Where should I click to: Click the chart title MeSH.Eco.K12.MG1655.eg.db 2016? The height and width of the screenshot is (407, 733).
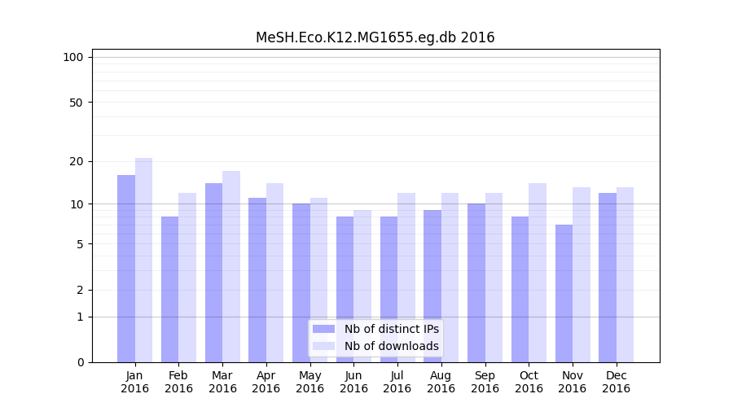(375, 37)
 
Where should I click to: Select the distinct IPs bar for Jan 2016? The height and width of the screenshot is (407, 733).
(126, 269)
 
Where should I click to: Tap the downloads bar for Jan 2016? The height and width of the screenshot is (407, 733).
(143, 260)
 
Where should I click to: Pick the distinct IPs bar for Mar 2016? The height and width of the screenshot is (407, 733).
(213, 273)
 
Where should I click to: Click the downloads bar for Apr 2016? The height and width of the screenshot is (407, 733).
(274, 273)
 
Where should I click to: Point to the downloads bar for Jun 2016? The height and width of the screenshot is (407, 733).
(362, 286)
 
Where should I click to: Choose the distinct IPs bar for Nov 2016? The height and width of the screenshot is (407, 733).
(564, 293)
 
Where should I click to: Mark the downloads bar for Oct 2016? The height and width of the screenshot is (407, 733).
(538, 273)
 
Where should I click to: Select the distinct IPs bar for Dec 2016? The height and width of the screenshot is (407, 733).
(608, 278)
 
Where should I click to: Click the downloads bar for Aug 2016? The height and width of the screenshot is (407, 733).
(450, 278)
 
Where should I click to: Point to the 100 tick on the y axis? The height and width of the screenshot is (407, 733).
(73, 57)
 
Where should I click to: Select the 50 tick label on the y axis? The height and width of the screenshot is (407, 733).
(76, 103)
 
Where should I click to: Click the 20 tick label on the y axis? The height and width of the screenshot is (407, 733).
(76, 161)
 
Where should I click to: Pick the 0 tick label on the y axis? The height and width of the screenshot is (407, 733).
(80, 362)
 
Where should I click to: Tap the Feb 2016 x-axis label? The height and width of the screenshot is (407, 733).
(178, 382)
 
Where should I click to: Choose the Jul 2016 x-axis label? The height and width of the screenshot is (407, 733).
(397, 382)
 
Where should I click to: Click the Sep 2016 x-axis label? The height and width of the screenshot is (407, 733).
(485, 382)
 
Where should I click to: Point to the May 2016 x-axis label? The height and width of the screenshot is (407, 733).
(309, 382)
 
